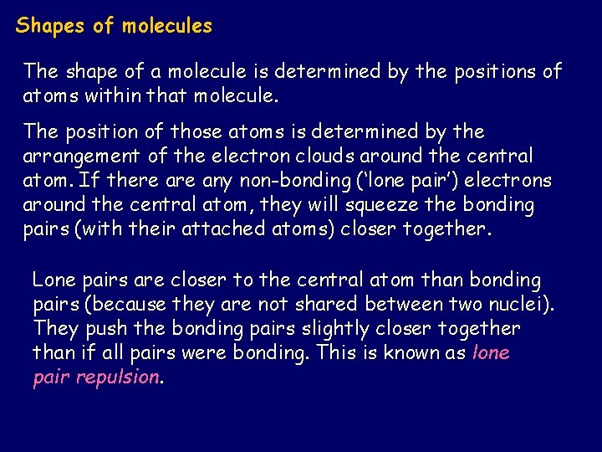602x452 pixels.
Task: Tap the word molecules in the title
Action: point(167,26)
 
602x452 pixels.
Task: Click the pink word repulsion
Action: point(117,377)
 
